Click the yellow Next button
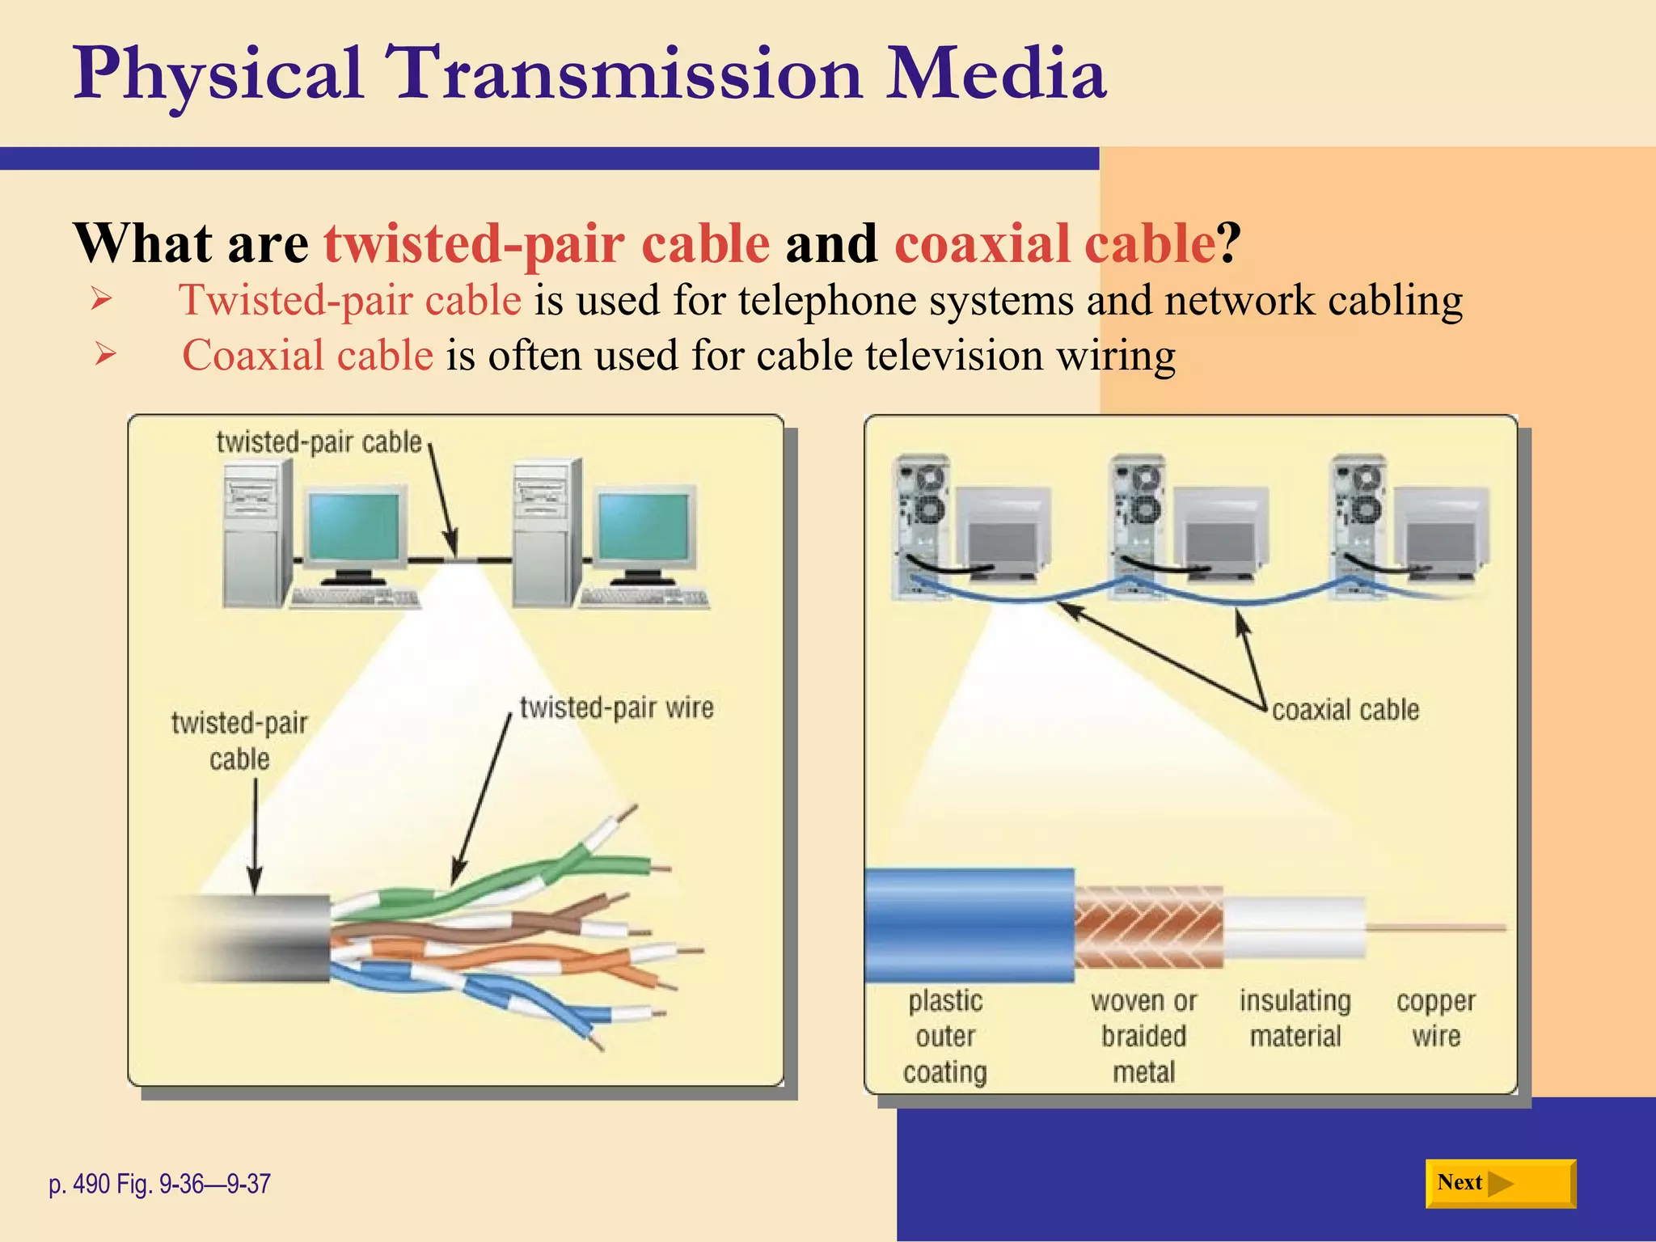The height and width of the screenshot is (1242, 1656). [1499, 1183]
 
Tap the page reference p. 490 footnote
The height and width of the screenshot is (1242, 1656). [159, 1184]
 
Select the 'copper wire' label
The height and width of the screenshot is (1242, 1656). [1435, 1018]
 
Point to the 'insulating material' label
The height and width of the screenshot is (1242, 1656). [1295, 1018]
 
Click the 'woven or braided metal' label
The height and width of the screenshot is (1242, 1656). [1143, 1036]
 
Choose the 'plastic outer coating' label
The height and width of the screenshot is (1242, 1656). [944, 1036]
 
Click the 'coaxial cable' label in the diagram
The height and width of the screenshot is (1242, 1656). [1345, 710]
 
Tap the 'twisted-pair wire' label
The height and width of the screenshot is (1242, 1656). [616, 708]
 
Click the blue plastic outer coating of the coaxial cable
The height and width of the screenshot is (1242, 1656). [969, 925]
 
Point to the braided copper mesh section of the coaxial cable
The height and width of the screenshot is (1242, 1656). [1148, 926]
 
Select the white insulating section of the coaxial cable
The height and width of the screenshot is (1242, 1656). [1294, 927]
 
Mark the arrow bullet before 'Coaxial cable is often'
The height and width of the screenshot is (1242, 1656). [104, 354]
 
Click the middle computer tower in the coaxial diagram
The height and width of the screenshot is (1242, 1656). [1138, 526]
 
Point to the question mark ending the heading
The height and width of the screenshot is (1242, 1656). [1228, 243]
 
